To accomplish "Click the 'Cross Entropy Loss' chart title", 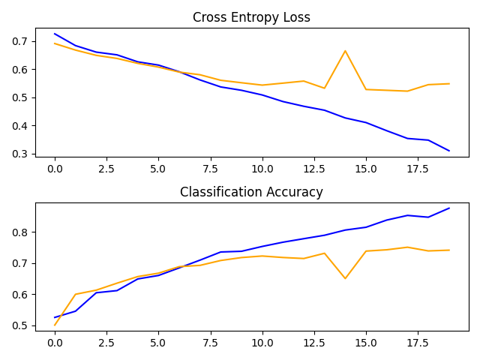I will click(251, 17).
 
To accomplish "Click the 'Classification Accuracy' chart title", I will click(251, 192).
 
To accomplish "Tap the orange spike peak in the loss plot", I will click(345, 51).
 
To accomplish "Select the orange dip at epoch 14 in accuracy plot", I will click(345, 278).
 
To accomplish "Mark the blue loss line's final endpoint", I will click(449, 151).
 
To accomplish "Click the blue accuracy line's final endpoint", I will click(449, 208).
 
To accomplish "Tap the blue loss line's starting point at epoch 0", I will click(55, 34).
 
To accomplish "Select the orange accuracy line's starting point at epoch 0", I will click(55, 325).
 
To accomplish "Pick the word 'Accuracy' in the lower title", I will click(295, 192).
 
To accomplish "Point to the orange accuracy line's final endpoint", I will click(449, 250).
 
